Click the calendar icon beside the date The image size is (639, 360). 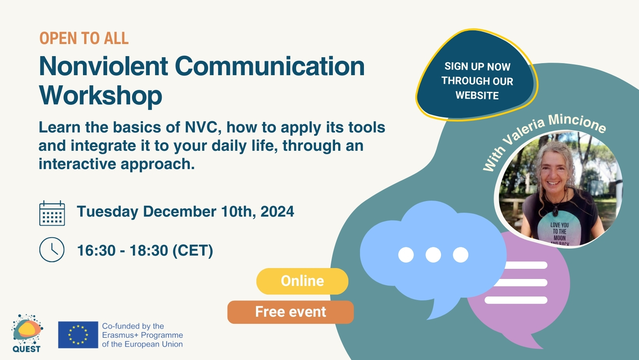coord(52,213)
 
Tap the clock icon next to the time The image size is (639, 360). coord(52,250)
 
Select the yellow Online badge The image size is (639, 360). coord(302,281)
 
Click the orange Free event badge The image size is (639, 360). coord(291,312)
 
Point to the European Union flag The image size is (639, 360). coord(78,335)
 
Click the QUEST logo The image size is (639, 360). coord(27,333)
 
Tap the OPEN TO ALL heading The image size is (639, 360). coord(84,38)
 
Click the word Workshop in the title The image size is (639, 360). coord(101,95)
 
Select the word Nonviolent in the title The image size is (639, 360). coord(104,66)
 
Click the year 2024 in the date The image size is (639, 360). coord(277,212)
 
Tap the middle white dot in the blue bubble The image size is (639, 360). coord(433,255)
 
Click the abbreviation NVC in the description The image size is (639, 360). coord(202,127)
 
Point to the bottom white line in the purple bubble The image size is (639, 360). coord(516,300)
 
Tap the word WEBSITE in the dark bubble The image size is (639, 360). coord(477,95)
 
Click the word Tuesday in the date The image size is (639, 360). coord(108,212)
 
